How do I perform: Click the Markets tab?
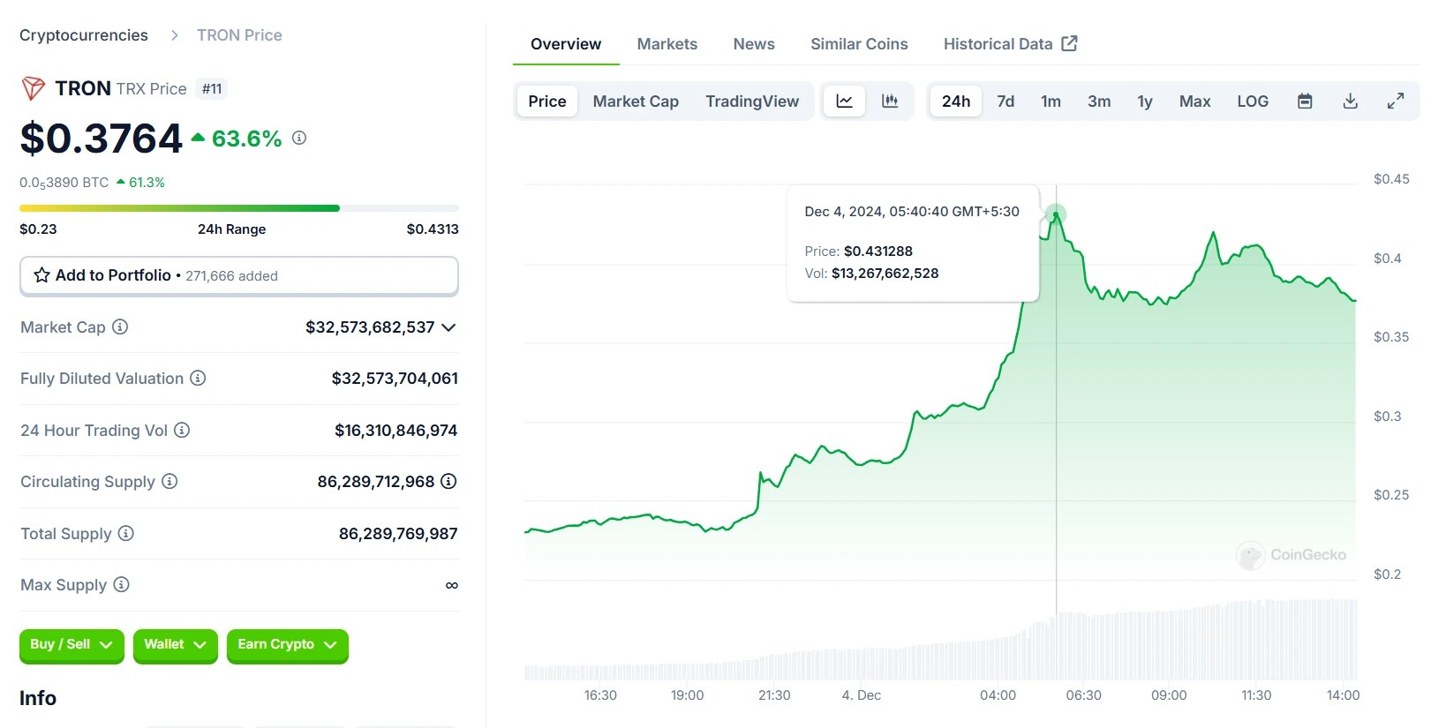click(667, 44)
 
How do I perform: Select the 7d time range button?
click(1005, 101)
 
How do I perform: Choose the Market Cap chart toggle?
click(635, 101)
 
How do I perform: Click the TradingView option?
click(751, 101)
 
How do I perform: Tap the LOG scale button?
click(1252, 101)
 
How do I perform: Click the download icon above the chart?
click(1350, 101)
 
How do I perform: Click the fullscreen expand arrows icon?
click(1395, 101)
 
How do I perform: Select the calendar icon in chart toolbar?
click(1304, 101)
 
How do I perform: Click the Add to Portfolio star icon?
click(41, 275)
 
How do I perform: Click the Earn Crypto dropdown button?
click(287, 645)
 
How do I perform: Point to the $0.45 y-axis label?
click(1390, 179)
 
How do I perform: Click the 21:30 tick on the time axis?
click(773, 695)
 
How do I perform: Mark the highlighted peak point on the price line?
click(1055, 214)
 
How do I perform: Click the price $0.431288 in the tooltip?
click(877, 251)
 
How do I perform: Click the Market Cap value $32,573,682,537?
click(370, 327)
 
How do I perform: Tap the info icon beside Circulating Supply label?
click(169, 482)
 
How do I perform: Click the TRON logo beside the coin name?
click(34, 88)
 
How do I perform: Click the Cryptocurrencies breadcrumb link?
click(84, 35)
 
